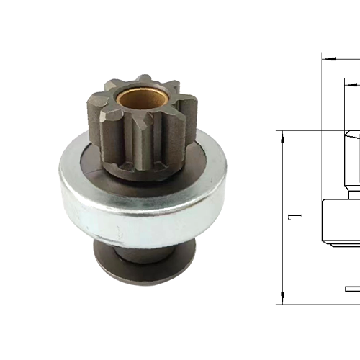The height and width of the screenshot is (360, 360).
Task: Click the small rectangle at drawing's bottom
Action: pos(353,289)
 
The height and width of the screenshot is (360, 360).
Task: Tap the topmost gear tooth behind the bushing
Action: pos(144,79)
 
